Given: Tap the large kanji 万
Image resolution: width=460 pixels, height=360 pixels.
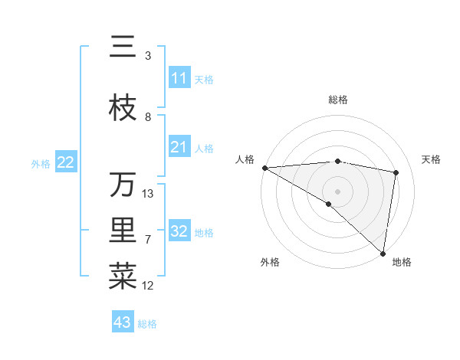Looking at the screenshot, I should (123, 185).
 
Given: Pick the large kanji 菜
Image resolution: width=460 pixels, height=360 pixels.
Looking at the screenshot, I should (123, 276).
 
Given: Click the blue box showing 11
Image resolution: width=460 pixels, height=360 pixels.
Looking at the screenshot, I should (179, 78).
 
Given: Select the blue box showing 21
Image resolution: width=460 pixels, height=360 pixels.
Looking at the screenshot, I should (179, 147).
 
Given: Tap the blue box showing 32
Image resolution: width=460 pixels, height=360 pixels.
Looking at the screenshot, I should (179, 231).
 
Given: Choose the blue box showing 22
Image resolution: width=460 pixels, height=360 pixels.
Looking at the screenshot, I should (66, 162).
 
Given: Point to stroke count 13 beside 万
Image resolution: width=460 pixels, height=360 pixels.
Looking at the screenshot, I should (148, 193).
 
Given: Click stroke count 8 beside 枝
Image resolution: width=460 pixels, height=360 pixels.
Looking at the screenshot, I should (148, 117).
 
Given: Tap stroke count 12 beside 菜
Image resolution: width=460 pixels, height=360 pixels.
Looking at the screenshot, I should (148, 286).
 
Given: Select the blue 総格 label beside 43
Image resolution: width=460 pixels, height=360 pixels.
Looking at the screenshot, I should (147, 324).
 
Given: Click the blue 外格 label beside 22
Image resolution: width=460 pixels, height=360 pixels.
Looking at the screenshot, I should (41, 163).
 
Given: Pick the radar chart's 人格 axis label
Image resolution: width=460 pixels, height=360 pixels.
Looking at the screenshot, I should (245, 159).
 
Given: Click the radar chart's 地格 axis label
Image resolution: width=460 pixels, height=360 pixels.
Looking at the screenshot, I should (402, 263).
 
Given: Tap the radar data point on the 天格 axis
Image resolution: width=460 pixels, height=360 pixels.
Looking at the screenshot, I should (396, 172).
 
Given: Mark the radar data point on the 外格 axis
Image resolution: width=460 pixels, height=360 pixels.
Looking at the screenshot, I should (329, 204).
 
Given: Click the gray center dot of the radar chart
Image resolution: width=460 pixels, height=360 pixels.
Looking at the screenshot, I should (337, 191).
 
